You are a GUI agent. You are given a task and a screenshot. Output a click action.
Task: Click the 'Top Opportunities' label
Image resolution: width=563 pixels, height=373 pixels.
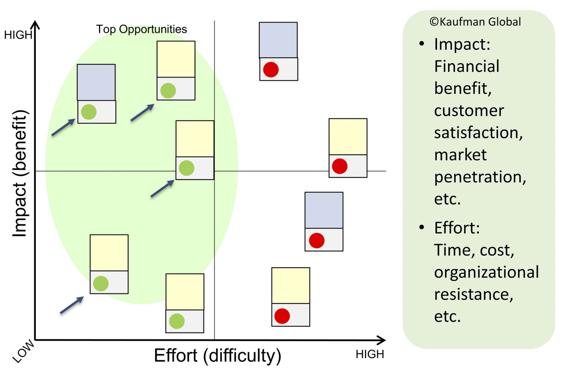142,29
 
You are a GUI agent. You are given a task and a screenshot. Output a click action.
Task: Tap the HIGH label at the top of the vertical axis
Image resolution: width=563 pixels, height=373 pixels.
18,35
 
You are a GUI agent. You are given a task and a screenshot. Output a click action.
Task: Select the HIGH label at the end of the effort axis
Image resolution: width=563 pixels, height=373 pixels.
370,354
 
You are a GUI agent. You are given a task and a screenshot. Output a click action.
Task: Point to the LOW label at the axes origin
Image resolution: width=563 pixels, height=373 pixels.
23,351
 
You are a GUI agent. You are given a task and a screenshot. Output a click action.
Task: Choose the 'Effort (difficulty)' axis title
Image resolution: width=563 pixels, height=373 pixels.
218,356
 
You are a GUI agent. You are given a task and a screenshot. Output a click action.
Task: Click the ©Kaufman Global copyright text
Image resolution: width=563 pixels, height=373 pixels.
475,22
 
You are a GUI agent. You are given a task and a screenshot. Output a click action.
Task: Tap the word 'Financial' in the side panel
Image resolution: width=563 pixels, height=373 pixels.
467,66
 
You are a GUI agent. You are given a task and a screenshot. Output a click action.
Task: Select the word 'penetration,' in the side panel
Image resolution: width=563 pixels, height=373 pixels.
480,177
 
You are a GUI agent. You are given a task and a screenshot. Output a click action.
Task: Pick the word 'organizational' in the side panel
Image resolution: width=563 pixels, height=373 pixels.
486,272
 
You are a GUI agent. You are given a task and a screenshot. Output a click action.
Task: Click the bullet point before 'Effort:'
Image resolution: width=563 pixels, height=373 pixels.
422,227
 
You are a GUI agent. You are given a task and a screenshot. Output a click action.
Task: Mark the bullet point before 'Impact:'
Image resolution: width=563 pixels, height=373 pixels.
422,44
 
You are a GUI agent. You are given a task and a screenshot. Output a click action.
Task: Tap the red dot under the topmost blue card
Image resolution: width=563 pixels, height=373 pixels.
271,69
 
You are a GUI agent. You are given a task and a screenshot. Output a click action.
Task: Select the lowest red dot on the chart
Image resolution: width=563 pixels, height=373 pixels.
282,316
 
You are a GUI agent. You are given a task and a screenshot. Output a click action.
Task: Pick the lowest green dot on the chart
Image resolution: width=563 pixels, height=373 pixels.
177,321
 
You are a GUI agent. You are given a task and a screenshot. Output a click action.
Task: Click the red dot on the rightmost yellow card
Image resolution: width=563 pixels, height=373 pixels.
340,166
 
